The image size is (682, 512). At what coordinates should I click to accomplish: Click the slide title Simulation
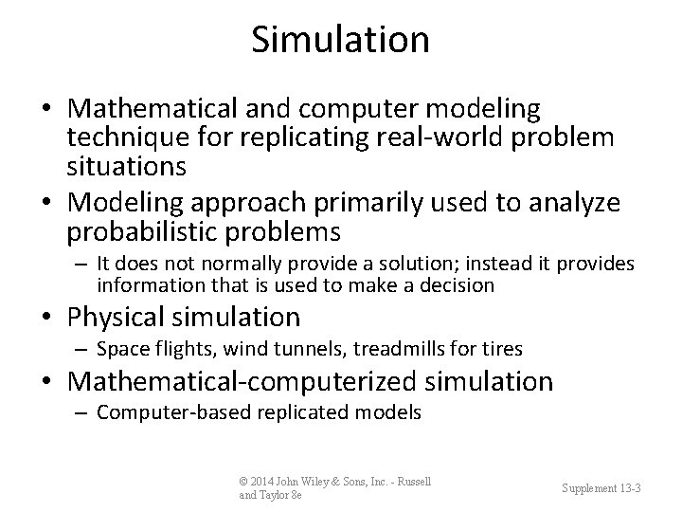click(x=341, y=39)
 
